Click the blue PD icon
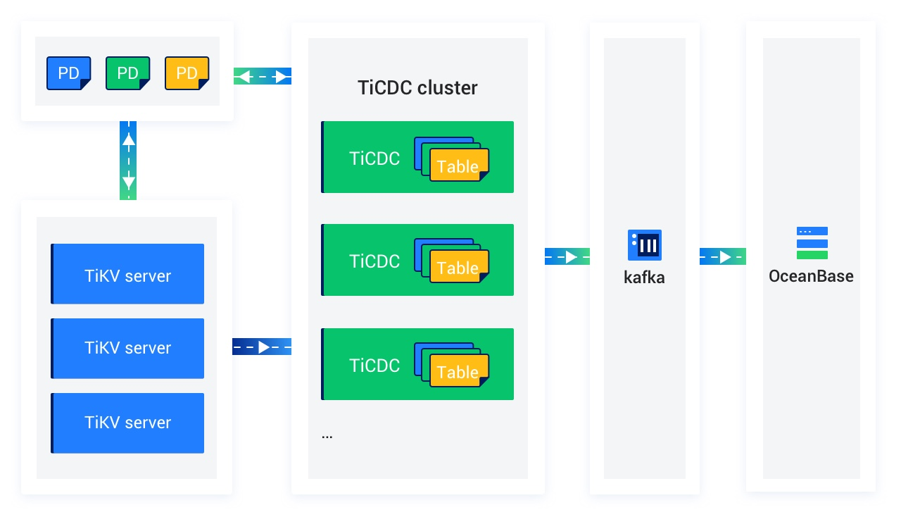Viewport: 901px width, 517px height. coord(68,73)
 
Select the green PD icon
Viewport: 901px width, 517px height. coord(127,73)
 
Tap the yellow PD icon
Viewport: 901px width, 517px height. coord(187,73)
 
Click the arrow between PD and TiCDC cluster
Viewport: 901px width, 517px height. coord(262,76)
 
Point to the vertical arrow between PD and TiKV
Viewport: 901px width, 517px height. coord(128,161)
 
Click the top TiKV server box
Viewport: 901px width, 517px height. coord(127,274)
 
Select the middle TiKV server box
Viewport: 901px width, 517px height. coord(127,349)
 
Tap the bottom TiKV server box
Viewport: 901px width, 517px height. coord(127,423)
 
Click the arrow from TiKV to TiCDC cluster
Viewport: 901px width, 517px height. coord(262,347)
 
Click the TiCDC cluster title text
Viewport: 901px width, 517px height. coord(417,88)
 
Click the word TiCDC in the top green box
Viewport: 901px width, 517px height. coord(374,158)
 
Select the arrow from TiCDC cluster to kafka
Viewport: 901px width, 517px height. coord(567,256)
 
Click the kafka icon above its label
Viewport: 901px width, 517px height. coord(644,245)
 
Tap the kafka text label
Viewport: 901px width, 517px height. coord(644,278)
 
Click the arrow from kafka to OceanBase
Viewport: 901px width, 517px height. coord(722,256)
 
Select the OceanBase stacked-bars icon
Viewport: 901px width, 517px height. coord(812,243)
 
